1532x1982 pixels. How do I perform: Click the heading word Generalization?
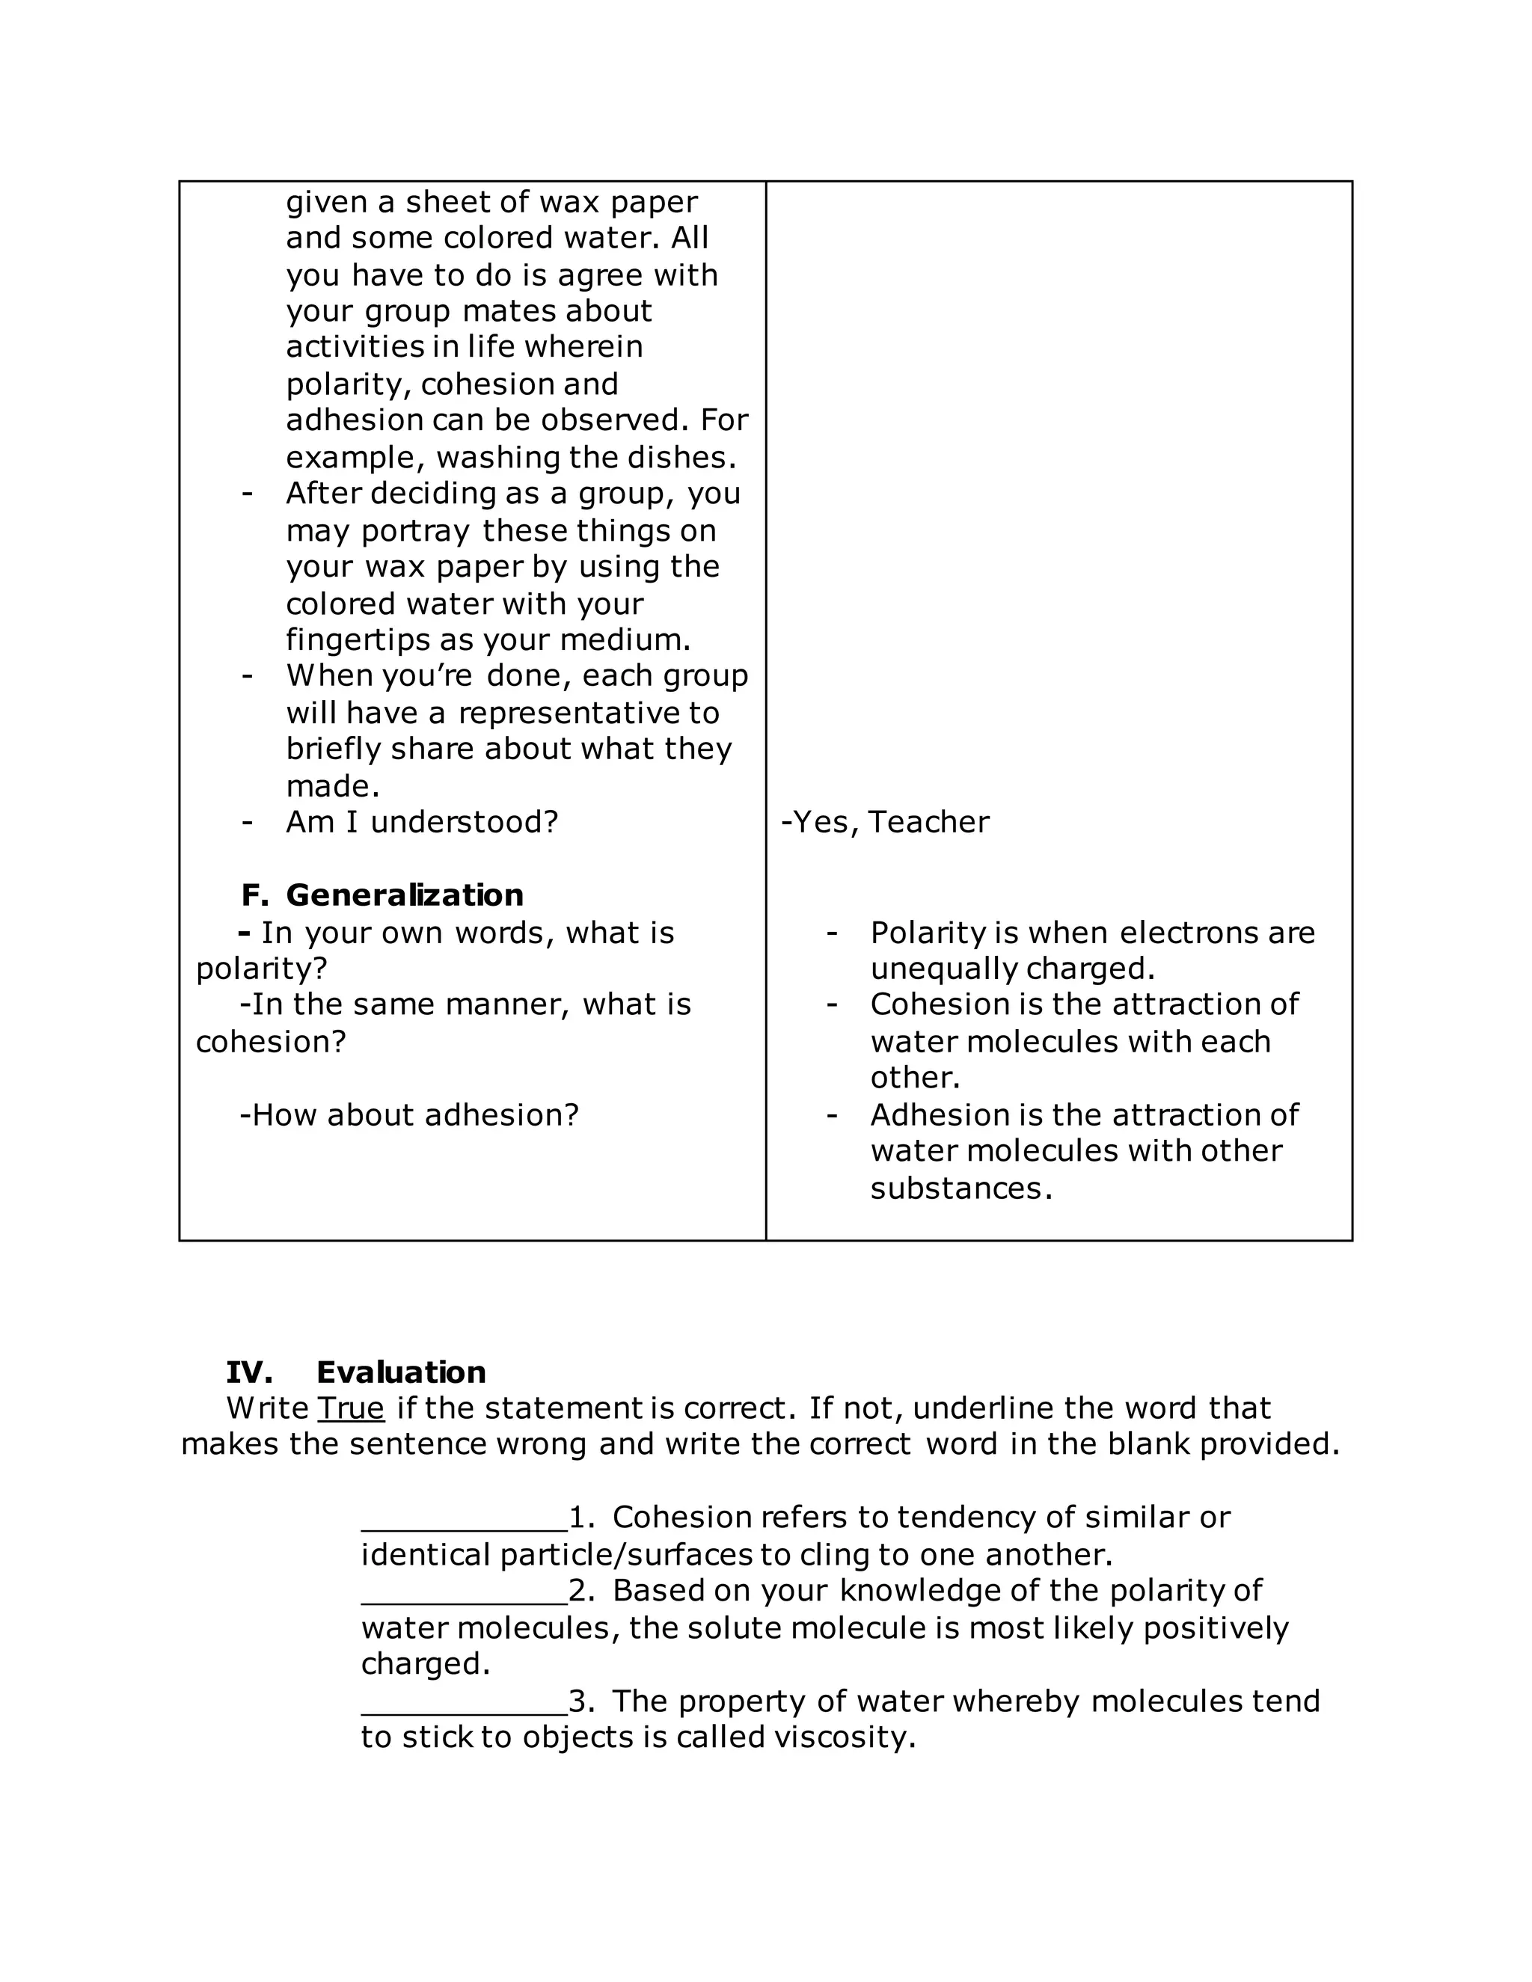[404, 896]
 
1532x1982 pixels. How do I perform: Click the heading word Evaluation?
[400, 1372]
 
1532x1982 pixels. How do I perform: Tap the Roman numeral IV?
[248, 1372]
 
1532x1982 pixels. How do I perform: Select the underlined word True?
[350, 1408]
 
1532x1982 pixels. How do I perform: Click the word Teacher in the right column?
[928, 822]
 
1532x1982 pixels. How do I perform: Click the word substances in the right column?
[960, 1189]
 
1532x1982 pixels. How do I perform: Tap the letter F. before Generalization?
[255, 896]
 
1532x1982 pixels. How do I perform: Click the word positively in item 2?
[1216, 1628]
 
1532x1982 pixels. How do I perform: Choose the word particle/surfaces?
[626, 1556]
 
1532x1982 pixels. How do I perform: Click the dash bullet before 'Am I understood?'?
[247, 822]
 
